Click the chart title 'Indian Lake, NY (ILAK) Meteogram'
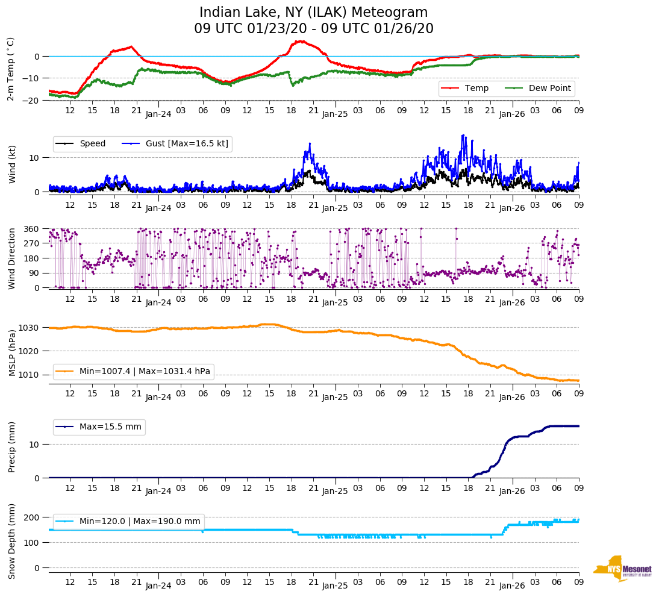[x=313, y=13]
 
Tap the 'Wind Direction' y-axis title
[x=12, y=258]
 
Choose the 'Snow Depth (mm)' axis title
[x=12, y=540]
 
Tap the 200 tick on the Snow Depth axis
[x=32, y=517]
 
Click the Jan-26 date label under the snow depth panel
[x=512, y=585]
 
